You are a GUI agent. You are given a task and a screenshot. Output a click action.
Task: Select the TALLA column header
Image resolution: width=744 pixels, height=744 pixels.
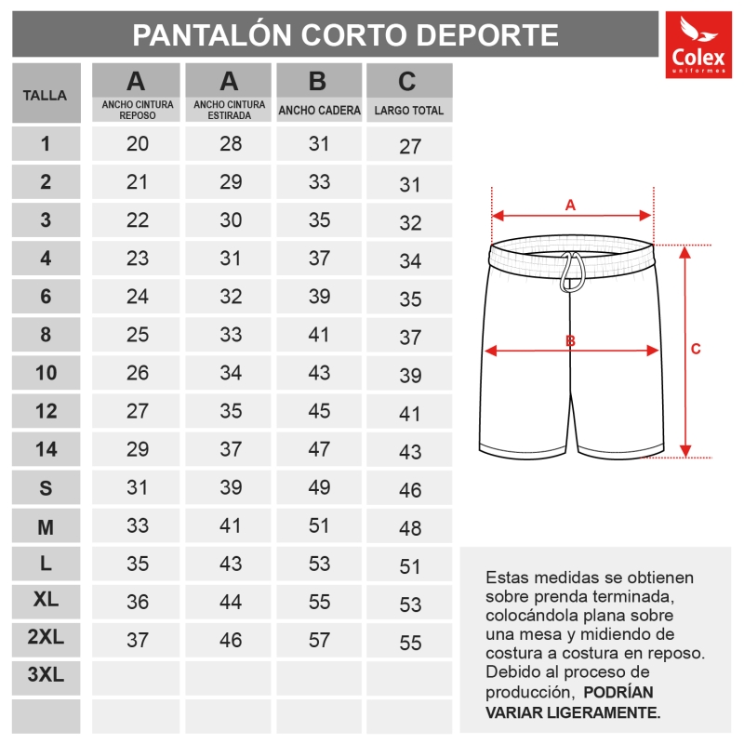pos(45,94)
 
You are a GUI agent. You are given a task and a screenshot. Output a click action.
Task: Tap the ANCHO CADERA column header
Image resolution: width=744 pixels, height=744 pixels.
pos(319,111)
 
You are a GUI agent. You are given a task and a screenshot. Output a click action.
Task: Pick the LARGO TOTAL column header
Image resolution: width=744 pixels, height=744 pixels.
pos(408,111)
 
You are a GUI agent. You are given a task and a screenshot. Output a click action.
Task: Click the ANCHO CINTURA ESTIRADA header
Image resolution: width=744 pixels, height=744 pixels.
pos(229,110)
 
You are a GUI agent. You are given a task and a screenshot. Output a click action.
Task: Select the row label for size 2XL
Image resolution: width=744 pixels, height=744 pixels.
pos(46,638)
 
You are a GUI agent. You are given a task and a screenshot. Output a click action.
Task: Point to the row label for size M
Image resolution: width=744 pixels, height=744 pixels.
pos(46,527)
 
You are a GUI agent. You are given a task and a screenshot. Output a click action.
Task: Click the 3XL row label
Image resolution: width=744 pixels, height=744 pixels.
pos(46,676)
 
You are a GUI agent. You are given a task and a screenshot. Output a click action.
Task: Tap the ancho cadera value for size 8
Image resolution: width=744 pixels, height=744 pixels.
pos(319,335)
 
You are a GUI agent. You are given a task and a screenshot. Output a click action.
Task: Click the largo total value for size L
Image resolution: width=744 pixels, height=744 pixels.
pos(410,566)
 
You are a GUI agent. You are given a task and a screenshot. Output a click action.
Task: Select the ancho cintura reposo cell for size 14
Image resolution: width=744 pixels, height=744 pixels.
pos(138,449)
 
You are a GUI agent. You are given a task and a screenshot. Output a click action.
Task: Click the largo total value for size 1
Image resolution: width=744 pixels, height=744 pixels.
pos(410,147)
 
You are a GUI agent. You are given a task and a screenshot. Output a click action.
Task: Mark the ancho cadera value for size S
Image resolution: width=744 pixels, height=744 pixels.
pos(319,487)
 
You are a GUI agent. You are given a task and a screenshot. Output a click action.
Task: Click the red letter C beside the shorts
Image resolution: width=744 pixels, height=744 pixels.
pos(695,350)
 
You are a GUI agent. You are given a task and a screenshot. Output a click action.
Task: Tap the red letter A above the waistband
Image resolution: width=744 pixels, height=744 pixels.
pos(571,204)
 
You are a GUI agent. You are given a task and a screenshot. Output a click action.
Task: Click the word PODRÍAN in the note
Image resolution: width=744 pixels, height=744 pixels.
pos(619,693)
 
